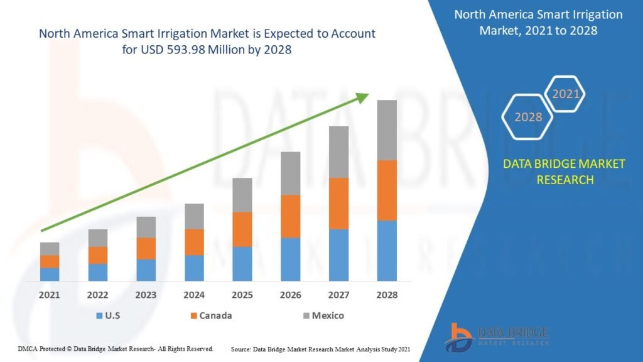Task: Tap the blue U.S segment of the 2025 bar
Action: pyautogui.click(x=242, y=263)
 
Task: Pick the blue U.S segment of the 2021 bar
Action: pyautogui.click(x=50, y=274)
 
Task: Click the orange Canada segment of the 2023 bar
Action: pyautogui.click(x=146, y=248)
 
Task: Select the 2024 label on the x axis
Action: pyautogui.click(x=194, y=295)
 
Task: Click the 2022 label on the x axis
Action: pyautogui.click(x=98, y=295)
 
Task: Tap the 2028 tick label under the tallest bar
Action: pyautogui.click(x=387, y=295)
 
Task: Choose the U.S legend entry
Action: pyautogui.click(x=110, y=315)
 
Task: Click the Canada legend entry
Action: pyautogui.click(x=210, y=315)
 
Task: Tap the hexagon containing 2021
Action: pyautogui.click(x=565, y=95)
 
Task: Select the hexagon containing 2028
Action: pyautogui.click(x=527, y=117)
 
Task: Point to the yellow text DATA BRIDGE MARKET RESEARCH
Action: pyautogui.click(x=564, y=172)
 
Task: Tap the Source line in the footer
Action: pyautogui.click(x=321, y=348)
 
